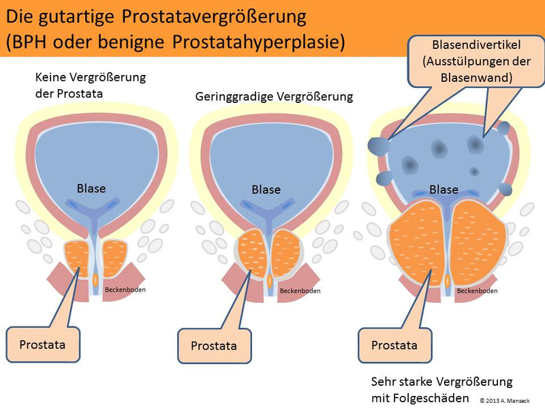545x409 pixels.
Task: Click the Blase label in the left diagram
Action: [91, 187]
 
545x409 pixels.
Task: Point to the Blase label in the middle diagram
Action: [266, 190]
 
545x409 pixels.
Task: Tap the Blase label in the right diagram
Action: [443, 190]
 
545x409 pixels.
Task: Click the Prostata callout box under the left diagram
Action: [43, 344]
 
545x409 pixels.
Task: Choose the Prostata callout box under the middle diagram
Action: [214, 346]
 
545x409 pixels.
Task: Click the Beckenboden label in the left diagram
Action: [125, 290]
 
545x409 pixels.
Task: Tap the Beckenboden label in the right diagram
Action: [477, 290]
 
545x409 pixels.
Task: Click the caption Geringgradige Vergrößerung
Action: [274, 97]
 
